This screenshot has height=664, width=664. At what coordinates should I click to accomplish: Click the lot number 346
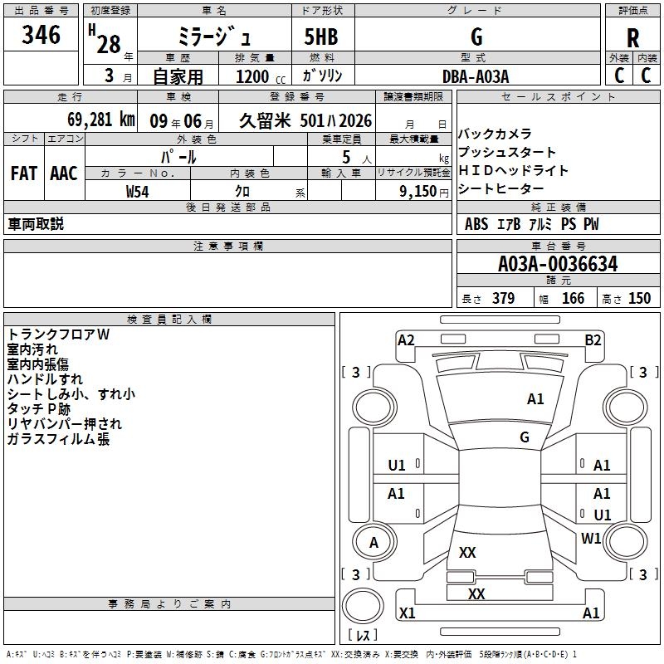tap(41, 36)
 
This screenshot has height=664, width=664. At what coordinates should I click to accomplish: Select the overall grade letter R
tap(632, 38)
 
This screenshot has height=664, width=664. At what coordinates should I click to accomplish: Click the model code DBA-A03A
tap(476, 76)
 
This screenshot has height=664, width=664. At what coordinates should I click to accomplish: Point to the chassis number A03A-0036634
tap(557, 265)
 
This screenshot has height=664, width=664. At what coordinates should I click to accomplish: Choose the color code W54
tap(138, 192)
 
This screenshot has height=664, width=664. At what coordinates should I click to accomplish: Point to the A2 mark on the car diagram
tap(406, 339)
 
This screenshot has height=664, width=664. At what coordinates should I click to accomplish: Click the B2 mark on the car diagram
tap(593, 339)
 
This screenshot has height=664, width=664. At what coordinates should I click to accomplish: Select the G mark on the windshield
tap(525, 437)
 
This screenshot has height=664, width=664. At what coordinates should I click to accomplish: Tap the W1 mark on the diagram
tap(592, 539)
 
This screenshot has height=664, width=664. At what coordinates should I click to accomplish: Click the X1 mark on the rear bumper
tap(408, 613)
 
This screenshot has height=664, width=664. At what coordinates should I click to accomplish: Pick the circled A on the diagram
tap(373, 543)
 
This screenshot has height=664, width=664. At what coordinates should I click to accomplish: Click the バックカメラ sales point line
tap(495, 134)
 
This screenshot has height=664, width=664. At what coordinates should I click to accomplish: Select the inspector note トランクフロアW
tap(59, 334)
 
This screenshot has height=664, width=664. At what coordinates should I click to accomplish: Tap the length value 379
tap(503, 299)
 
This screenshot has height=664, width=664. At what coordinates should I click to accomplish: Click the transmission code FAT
tap(24, 173)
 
